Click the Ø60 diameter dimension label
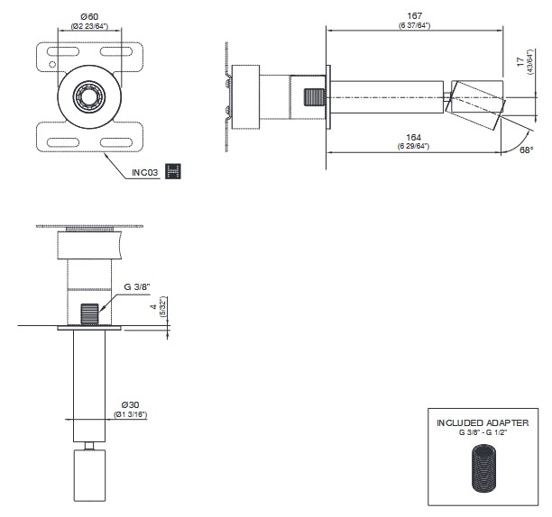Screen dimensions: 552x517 (89, 16)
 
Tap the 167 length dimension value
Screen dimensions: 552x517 (414, 16)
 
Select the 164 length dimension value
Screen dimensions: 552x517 (414, 137)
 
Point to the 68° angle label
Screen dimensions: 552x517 (527, 150)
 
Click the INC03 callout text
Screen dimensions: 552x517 (145, 173)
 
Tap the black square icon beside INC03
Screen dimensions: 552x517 (173, 171)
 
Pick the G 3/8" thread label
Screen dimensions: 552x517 (137, 286)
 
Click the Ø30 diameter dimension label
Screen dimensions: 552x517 (130, 405)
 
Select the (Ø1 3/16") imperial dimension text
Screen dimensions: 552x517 (130, 414)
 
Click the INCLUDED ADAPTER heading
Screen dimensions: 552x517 (483, 422)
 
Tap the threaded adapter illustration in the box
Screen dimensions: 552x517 (483, 468)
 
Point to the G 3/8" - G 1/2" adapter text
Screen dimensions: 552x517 (483, 432)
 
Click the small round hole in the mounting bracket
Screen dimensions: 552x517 (52, 65)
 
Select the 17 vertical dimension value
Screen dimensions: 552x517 (520, 62)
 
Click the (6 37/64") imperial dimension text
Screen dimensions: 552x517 (414, 25)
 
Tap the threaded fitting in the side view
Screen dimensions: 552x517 (314, 97)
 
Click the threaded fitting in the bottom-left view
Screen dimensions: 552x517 (90, 314)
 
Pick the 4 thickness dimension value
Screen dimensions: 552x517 (153, 307)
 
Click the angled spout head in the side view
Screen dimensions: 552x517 (475, 104)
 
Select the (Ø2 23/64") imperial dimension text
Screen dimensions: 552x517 (89, 26)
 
